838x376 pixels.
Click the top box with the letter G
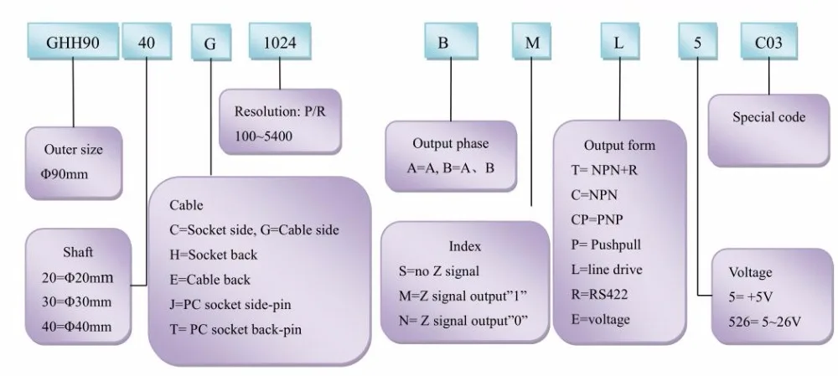(x=209, y=42)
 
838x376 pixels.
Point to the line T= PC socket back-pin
(x=235, y=329)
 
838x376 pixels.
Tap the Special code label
(x=768, y=117)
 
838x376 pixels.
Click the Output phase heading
(x=450, y=143)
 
